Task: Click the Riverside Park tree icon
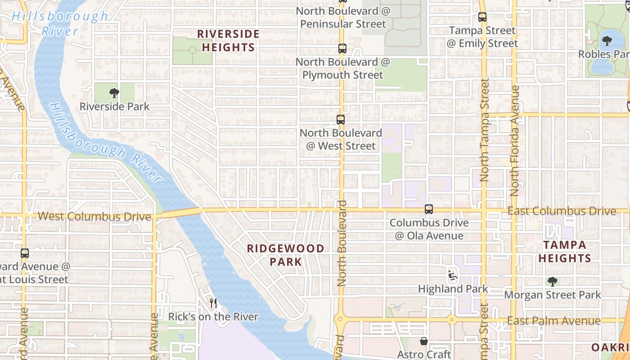pos(114,93)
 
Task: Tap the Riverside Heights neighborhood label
pos(228,40)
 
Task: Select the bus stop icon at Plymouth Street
pos(342,49)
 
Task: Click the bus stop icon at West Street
pos(341,120)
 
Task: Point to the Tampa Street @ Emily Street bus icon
pos(482,18)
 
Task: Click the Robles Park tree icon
pos(607,41)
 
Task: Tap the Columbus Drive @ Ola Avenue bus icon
pos(429,209)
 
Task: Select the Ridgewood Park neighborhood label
pos(285,255)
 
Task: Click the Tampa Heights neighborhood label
pos(565,252)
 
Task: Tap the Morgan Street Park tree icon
pos(553,282)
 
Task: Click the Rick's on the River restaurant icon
pos(213,303)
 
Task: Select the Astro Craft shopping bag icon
pos(423,341)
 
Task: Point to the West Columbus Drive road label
pos(94,216)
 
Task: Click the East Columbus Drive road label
pos(562,211)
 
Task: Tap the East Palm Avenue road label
pos(553,321)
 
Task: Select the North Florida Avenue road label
pos(515,140)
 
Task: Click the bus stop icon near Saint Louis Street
pos(25,253)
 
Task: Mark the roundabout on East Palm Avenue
pos(451,320)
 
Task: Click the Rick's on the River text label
pos(213,317)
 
